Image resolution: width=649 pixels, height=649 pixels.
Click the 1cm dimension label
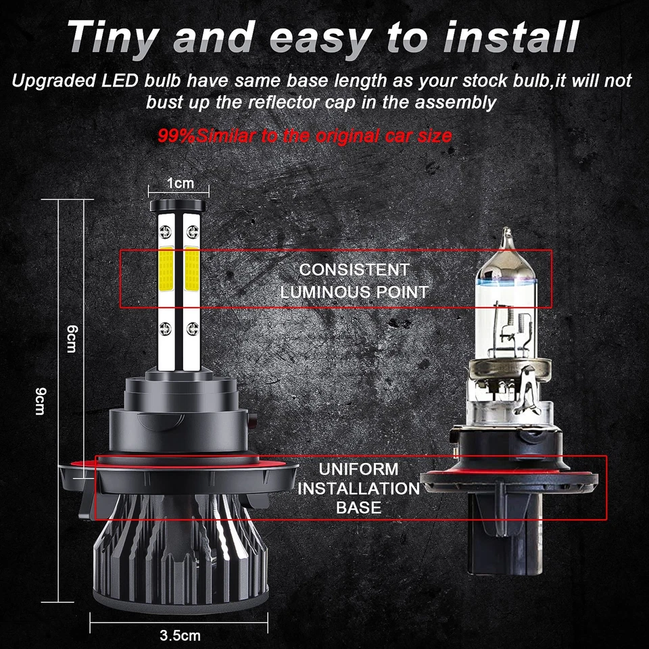[180, 183]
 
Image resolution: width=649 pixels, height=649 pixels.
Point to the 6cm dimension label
[72, 338]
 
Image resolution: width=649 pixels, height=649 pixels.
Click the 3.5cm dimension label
[180, 635]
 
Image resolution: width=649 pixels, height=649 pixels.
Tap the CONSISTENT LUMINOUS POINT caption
[354, 280]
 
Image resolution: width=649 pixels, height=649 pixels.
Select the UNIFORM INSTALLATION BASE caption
[358, 487]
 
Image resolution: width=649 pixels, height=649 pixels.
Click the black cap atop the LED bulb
[179, 205]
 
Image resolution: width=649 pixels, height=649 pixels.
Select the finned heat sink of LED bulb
[180, 561]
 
